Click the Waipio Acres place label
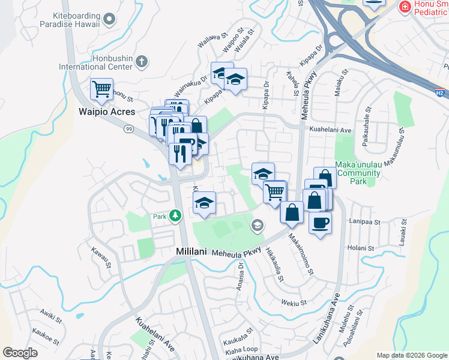tap(107, 112)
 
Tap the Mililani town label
tap(191, 253)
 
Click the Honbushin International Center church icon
tap(142, 61)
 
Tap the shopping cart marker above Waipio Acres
tap(101, 89)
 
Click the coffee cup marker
tap(319, 223)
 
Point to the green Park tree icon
tap(175, 215)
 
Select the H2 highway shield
tap(440, 93)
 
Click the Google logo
tap(20, 353)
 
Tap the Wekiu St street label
tap(294, 303)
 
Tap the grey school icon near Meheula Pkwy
tap(257, 224)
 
